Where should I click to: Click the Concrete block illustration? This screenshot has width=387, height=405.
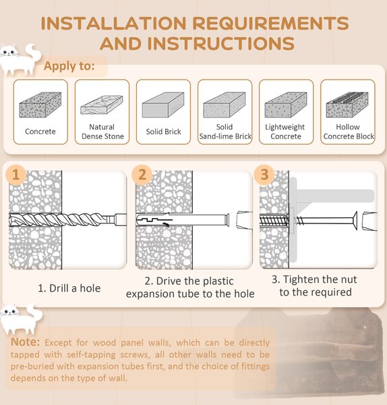pyautogui.click(x=40, y=105)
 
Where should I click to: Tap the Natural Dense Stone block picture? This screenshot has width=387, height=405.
pyautogui.click(x=102, y=105)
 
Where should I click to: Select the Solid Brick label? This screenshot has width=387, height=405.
pyautogui.click(x=164, y=132)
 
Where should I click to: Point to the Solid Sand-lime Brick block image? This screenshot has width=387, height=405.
pyautogui.click(x=225, y=105)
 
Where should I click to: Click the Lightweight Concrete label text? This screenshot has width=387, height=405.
pyautogui.click(x=285, y=132)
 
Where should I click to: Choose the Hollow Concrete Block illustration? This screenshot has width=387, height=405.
pyautogui.click(x=347, y=105)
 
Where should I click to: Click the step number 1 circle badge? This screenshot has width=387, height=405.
pyautogui.click(x=16, y=175)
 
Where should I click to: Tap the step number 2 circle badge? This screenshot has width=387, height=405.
pyautogui.click(x=142, y=175)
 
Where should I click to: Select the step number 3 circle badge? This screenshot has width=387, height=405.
pyautogui.click(x=264, y=175)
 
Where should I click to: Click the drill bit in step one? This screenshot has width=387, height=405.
pyautogui.click(x=67, y=220)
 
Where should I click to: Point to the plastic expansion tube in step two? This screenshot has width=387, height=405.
pyautogui.click(x=183, y=219)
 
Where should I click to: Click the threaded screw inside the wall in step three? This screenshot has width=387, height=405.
pyautogui.click(x=274, y=221)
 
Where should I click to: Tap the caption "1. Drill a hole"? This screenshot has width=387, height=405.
pyautogui.click(x=69, y=288)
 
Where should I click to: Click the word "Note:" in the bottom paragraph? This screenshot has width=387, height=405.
pyautogui.click(x=26, y=342)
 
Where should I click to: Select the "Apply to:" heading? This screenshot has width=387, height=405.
pyautogui.click(x=69, y=66)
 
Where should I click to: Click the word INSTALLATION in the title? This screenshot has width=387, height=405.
pyautogui.click(x=114, y=23)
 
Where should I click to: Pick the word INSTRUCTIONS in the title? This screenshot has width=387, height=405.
pyautogui.click(x=221, y=43)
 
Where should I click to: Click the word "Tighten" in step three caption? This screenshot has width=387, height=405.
pyautogui.click(x=300, y=279)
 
